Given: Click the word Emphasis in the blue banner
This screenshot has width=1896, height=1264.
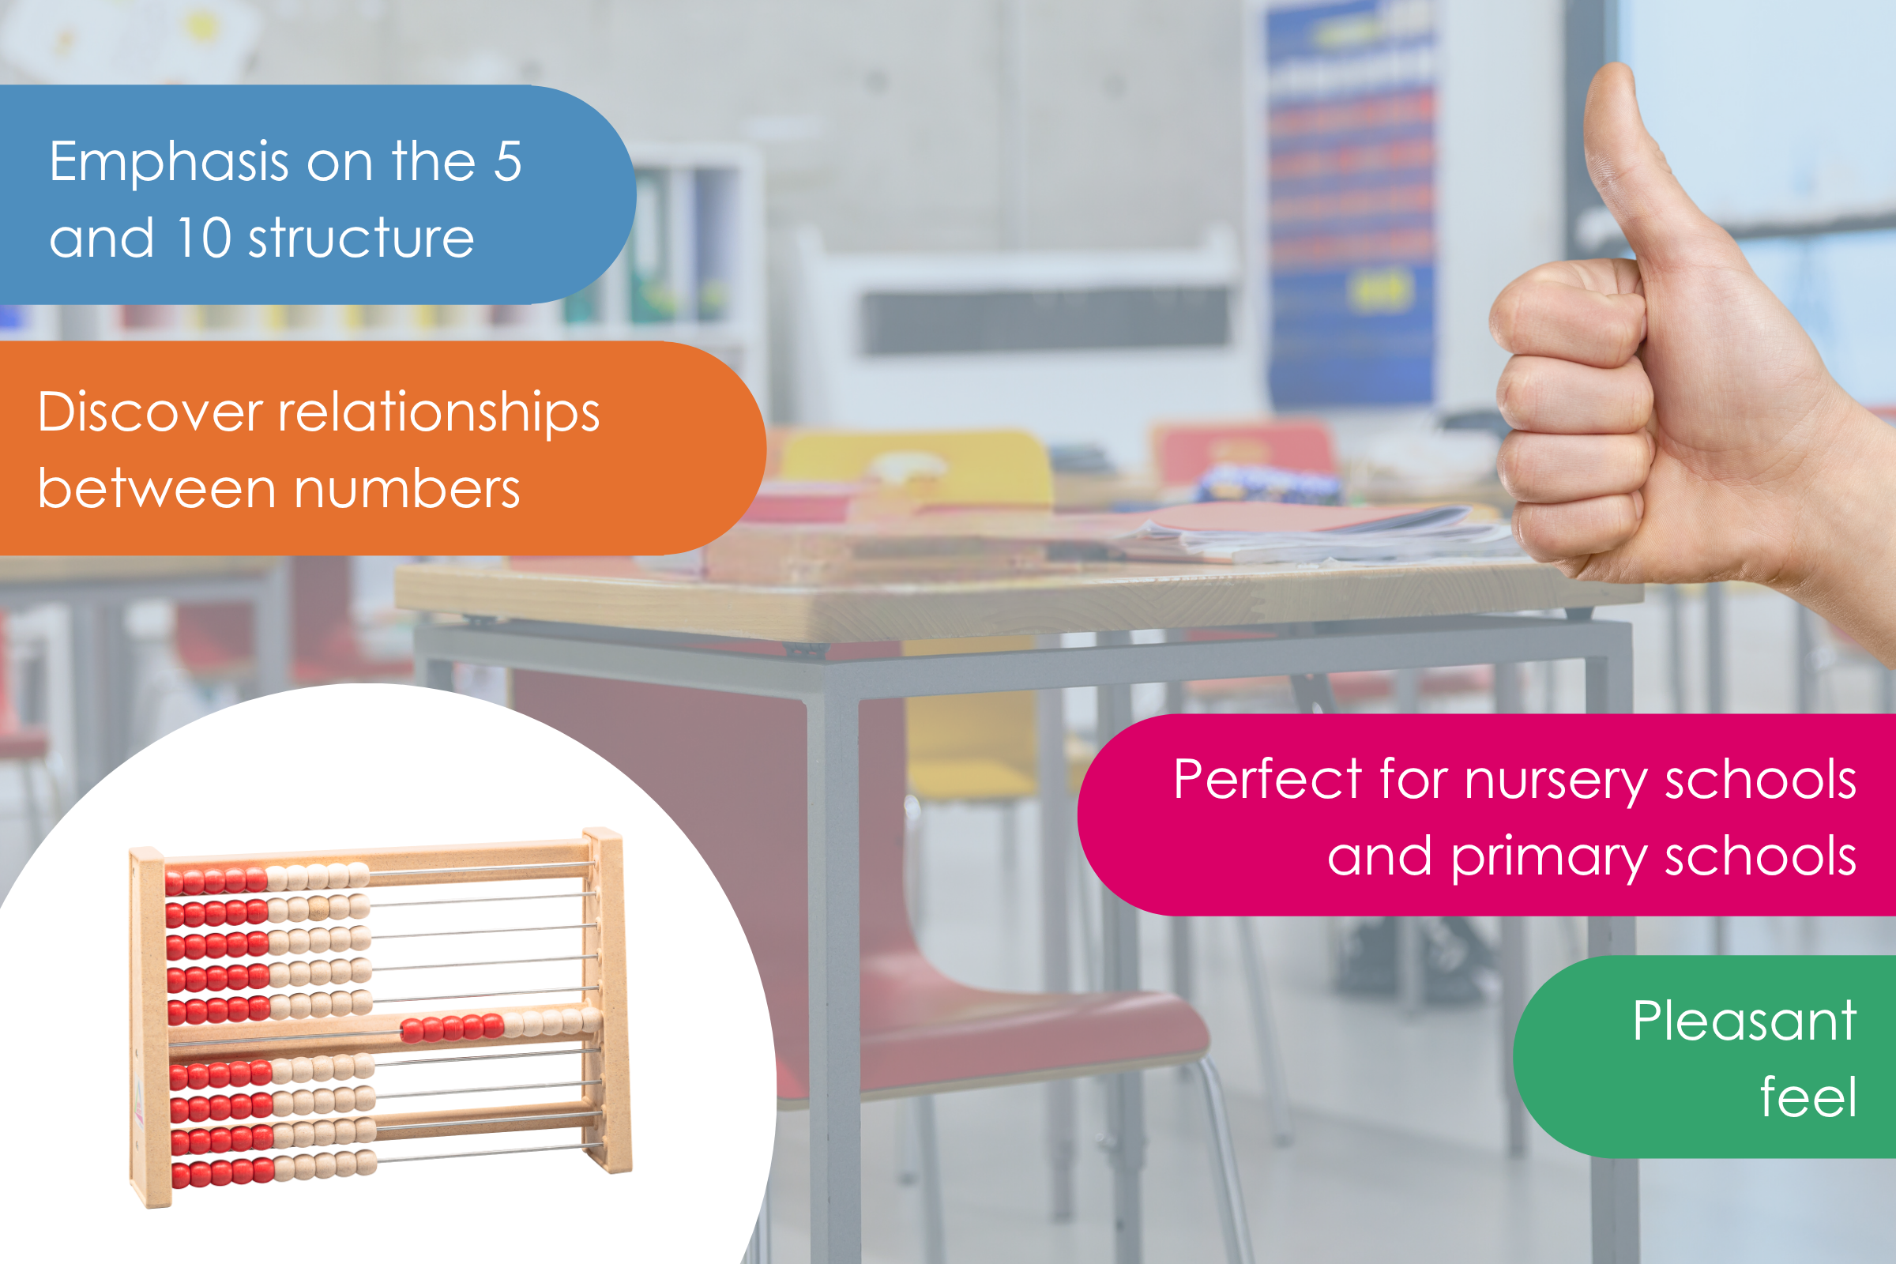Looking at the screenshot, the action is [x=169, y=162].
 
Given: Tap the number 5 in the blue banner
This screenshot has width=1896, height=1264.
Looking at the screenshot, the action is [x=508, y=160].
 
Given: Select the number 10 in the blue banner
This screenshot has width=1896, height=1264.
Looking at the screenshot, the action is [x=204, y=238].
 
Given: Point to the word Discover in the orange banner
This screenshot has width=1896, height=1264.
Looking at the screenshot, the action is [x=151, y=412].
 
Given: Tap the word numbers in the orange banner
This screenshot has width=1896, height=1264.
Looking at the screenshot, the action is [x=407, y=490].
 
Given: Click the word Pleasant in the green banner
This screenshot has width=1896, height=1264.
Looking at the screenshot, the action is [x=1745, y=1021].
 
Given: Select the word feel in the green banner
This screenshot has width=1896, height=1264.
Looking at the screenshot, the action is [x=1809, y=1097].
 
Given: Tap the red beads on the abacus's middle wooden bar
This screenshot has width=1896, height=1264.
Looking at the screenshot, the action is [x=452, y=1027].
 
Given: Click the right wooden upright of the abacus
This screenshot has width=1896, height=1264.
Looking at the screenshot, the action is [x=608, y=999].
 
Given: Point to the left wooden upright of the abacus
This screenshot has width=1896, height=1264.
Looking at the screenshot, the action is [x=150, y=1027].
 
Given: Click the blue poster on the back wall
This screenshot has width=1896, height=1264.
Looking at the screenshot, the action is [x=1350, y=201].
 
